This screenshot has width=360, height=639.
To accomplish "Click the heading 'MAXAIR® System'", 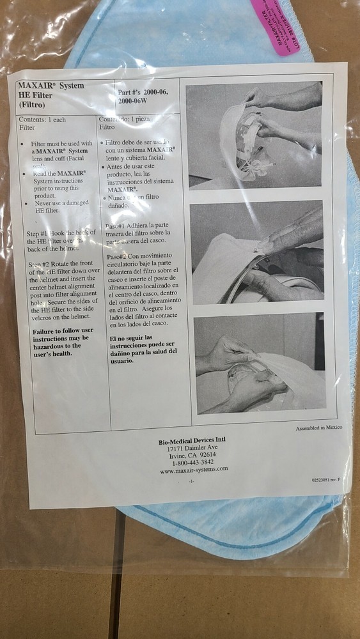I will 51,85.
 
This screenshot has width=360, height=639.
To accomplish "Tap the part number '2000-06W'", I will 135,101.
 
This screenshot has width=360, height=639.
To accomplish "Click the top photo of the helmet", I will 253,135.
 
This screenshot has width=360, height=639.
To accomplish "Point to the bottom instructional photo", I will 259,362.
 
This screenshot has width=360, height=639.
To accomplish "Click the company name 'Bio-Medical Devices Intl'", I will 192,440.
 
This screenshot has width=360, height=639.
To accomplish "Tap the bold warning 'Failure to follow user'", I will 63,332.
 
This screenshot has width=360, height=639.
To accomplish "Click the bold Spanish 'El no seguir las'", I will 131,337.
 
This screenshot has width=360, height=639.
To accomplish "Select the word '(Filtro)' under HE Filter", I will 31,104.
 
